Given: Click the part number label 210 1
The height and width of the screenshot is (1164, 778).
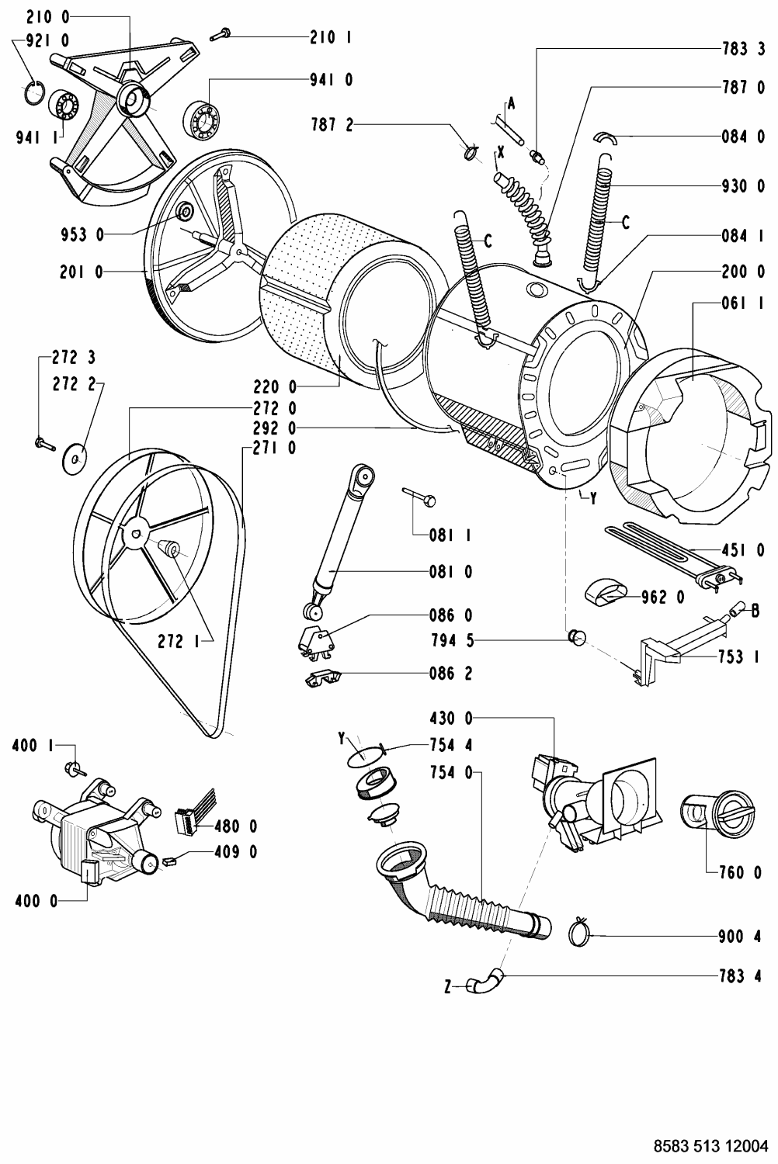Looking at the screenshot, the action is click(x=330, y=37).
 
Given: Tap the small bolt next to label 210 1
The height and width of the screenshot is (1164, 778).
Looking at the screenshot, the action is click(x=221, y=35).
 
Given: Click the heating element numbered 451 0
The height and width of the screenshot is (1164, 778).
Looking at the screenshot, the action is click(x=675, y=558).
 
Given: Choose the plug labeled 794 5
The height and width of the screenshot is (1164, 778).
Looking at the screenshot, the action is click(x=577, y=636).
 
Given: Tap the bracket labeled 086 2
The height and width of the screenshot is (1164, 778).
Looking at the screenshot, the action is click(x=323, y=679).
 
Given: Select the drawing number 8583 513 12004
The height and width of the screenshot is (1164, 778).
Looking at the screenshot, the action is click(x=710, y=1145).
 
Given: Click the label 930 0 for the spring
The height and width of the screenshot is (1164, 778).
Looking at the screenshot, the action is click(x=743, y=186).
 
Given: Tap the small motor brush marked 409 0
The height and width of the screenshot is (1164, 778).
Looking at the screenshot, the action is click(x=169, y=861).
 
